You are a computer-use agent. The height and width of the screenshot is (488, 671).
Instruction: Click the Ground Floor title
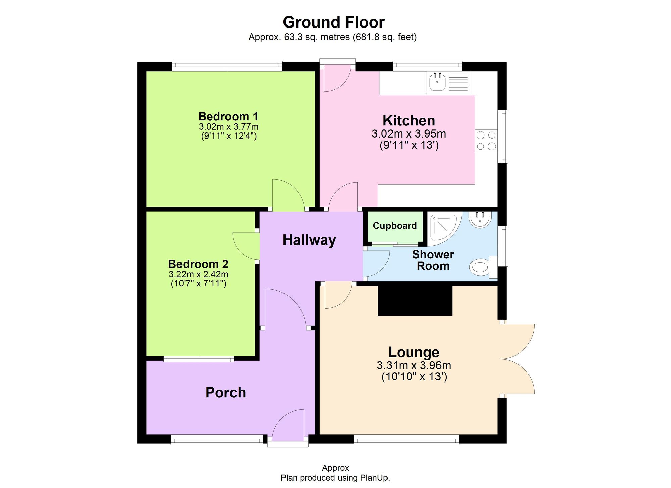(x=333, y=22)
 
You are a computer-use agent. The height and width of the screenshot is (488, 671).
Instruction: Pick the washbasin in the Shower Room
(x=480, y=220)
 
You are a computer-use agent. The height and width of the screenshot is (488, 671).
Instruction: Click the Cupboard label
(x=395, y=226)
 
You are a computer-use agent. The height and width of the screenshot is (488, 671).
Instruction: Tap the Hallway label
(x=309, y=240)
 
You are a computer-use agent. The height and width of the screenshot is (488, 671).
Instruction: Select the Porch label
(x=225, y=393)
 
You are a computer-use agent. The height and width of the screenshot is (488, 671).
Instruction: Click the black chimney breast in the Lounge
(x=415, y=301)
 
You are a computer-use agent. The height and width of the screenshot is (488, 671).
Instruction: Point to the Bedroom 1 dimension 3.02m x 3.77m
(x=228, y=127)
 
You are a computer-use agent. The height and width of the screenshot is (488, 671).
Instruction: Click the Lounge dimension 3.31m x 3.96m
(x=414, y=365)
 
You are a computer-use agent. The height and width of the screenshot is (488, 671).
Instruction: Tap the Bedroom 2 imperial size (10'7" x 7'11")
(x=198, y=283)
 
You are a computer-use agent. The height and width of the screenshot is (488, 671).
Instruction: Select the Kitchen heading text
(x=409, y=120)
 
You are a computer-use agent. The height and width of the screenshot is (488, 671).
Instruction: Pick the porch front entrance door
(x=288, y=426)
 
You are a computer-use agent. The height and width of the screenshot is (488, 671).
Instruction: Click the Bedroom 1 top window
(x=227, y=66)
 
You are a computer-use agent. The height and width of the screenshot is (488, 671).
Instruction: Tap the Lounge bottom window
(x=406, y=439)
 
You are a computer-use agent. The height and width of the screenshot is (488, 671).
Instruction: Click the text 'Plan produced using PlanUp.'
(x=335, y=478)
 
